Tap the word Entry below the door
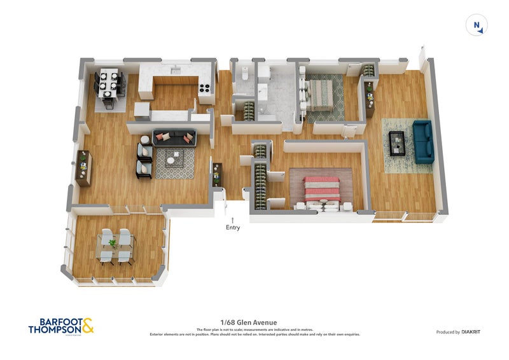point(233,227)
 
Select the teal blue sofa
point(423,141)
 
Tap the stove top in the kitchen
point(206,90)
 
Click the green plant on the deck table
point(113,243)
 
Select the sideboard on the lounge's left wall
point(83,168)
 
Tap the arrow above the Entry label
point(233,219)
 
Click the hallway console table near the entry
point(217,174)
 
